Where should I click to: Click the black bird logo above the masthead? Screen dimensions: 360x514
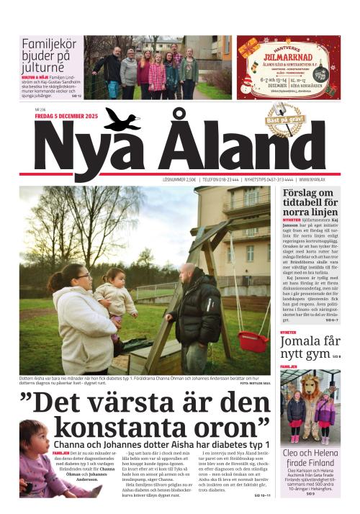click(122, 120)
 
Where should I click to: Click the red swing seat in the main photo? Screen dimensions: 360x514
click(253, 341)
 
